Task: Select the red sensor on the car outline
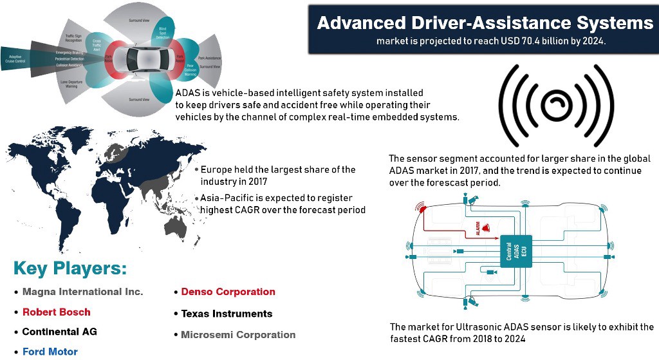(x=422, y=209)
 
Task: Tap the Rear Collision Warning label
(x=190, y=71)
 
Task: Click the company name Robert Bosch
(x=56, y=312)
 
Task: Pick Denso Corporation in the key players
(x=228, y=292)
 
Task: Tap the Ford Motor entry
(x=50, y=352)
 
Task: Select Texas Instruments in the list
(x=227, y=314)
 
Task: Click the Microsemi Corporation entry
(x=238, y=335)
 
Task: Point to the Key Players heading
(x=70, y=269)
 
